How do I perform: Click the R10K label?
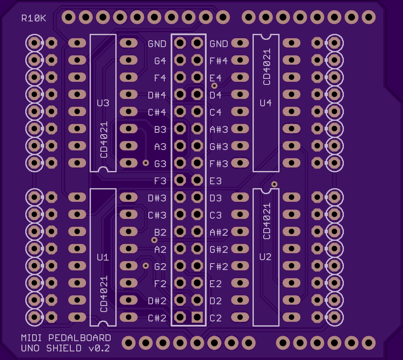[34, 18]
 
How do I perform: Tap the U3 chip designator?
[103, 103]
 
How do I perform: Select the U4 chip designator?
[266, 103]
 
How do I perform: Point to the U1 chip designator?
[103, 258]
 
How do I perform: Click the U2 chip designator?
[266, 257]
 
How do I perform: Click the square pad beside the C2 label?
[197, 317]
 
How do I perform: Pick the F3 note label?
[160, 181]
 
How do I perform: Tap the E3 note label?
[216, 181]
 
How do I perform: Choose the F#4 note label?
[219, 61]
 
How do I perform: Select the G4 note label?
[160, 61]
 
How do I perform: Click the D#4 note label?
[157, 95]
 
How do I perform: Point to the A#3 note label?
[219, 129]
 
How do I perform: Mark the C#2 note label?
[157, 318]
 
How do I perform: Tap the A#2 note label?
[219, 232]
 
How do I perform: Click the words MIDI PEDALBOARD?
[66, 338]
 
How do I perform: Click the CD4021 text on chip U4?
[267, 67]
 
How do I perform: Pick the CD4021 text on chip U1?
[104, 294]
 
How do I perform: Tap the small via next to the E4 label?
[214, 86]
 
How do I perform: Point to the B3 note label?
[160, 129]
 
